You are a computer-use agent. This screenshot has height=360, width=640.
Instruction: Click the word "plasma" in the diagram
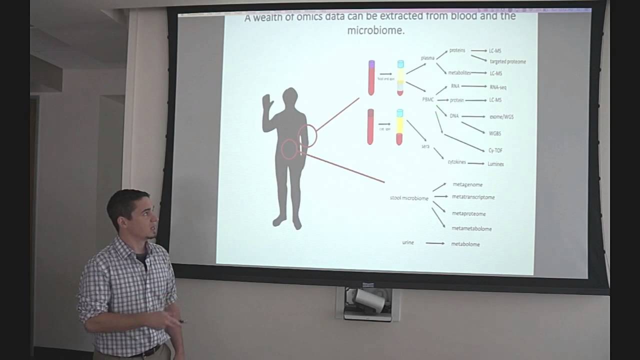pos(427,58)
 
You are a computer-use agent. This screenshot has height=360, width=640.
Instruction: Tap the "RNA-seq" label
pos(498,87)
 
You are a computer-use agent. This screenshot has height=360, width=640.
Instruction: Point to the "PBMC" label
pos(428,99)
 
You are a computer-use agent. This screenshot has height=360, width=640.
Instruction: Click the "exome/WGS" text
pos(501,117)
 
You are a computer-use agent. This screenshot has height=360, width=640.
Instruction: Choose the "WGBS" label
pos(495,133)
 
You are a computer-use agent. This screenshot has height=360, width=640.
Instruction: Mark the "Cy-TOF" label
pos(495,150)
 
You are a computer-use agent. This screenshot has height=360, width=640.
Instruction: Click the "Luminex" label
pos(495,163)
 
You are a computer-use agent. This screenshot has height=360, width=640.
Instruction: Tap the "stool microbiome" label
pos(409,198)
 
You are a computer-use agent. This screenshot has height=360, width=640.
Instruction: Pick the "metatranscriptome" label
pos(473,197)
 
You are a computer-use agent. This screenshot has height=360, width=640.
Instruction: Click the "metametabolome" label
pos(471,228)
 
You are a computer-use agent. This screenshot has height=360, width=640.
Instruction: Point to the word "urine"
pos(408,243)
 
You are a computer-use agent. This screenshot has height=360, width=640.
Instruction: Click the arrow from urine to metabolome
pos(435,243)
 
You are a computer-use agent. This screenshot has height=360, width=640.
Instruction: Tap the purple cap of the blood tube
pos(371,64)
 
